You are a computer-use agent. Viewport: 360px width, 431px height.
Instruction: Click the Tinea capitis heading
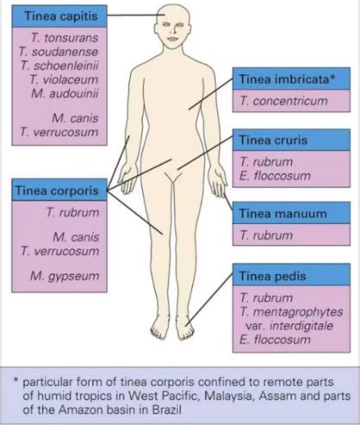(61, 16)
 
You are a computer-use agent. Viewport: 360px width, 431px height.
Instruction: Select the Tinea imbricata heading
(287, 79)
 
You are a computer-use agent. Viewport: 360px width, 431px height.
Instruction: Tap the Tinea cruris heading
(273, 141)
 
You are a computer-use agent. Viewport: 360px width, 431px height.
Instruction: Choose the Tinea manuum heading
(283, 214)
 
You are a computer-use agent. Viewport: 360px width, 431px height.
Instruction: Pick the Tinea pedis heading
(272, 276)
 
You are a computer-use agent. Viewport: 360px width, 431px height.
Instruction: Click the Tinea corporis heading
(57, 191)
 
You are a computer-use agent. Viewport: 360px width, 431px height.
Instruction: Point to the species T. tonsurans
(65, 38)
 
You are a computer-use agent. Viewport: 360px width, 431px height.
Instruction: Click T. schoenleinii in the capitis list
(59, 66)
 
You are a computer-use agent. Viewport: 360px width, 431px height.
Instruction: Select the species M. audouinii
(65, 93)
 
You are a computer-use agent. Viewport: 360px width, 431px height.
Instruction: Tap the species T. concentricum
(283, 101)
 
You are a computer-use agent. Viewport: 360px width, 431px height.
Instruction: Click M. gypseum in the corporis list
(65, 276)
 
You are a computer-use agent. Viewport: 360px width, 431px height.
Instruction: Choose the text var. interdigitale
(289, 326)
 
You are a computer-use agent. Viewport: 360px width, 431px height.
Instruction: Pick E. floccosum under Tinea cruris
(275, 176)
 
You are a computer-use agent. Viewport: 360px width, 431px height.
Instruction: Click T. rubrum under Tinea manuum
(266, 235)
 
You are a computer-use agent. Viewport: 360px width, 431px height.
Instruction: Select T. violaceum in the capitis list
(64, 79)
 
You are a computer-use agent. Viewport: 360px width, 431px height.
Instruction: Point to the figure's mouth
(173, 39)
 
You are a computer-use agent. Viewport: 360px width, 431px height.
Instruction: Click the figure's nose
(173, 30)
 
